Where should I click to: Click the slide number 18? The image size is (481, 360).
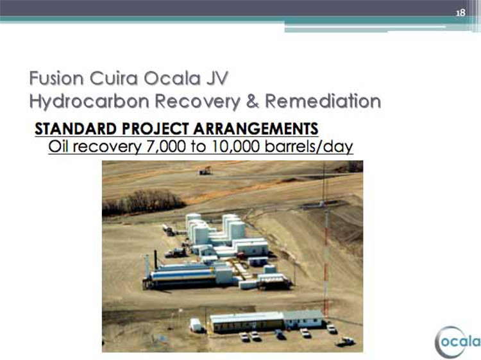[460, 13]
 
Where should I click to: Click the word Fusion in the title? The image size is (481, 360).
[56, 78]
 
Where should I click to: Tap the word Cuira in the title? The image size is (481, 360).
[114, 78]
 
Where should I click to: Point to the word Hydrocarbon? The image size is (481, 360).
[89, 101]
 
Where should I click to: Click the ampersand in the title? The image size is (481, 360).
[253, 101]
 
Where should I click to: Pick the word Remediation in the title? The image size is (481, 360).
[323, 101]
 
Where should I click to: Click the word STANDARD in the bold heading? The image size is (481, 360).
[76, 128]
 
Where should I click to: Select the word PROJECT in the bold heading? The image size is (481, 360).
[155, 128]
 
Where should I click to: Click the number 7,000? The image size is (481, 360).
[166, 146]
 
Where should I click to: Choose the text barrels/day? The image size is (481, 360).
[309, 147]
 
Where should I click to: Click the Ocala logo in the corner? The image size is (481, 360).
[458, 342]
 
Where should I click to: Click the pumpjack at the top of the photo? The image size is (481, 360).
[205, 171]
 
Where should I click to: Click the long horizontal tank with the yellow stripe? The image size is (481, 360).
[183, 275]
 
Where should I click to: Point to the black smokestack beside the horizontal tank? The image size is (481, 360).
[156, 260]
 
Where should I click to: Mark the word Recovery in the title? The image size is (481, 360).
[198, 101]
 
